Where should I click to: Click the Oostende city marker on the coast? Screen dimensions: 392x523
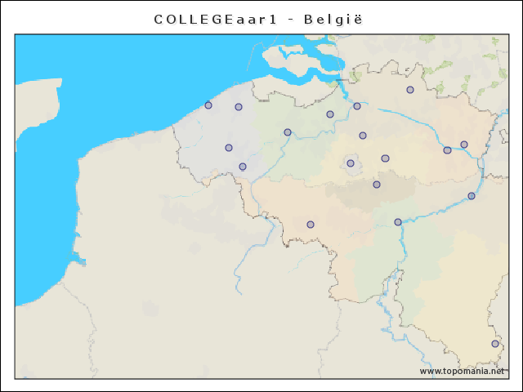point(208,105)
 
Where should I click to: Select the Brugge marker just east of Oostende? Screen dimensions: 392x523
point(239,107)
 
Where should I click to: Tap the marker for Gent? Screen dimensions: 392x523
point(288,132)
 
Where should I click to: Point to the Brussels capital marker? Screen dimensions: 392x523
point(351,163)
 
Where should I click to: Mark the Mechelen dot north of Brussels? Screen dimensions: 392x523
point(363,136)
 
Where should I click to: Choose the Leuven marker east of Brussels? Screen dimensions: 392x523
point(385,158)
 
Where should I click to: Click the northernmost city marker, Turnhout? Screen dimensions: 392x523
point(410,90)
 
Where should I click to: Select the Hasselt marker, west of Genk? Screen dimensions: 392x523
point(447,150)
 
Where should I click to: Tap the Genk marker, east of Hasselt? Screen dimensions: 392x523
point(464,145)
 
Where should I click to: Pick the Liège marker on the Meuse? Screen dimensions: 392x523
point(472,196)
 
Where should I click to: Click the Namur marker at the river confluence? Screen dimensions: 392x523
point(398,222)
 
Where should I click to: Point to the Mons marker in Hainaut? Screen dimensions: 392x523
point(311,225)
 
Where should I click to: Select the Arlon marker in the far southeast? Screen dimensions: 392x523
point(495,344)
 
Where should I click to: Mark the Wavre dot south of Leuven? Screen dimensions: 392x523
point(377,185)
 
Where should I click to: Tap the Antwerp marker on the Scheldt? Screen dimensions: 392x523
point(357,106)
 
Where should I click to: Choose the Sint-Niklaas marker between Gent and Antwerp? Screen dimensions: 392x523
point(330,114)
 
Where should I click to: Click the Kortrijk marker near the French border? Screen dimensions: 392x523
point(243,167)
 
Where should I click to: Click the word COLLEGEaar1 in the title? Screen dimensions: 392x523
point(214,18)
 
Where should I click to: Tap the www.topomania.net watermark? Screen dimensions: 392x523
point(463,371)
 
